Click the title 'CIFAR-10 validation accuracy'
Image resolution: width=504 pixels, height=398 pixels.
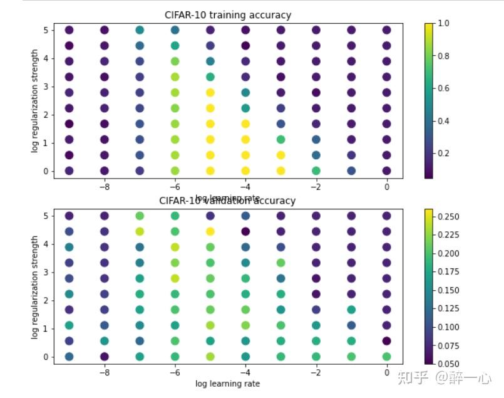228,201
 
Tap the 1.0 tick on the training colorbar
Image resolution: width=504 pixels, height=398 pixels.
444,23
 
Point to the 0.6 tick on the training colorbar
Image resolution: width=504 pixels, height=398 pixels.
444,88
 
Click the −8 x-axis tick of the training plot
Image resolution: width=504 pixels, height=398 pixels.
105,186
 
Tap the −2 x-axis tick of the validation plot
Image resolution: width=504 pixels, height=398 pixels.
316,372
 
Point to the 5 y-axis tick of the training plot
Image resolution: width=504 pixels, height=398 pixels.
46,30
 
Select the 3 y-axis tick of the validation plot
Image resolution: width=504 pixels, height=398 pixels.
46,263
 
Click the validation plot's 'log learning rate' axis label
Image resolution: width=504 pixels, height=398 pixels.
227,383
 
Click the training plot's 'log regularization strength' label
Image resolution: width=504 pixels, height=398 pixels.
35,100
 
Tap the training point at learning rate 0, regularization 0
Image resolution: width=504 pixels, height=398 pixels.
387,170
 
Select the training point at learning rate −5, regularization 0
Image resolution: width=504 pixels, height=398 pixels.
210,170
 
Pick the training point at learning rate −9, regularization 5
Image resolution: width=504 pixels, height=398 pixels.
69,30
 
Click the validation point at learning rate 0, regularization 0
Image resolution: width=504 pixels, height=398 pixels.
387,357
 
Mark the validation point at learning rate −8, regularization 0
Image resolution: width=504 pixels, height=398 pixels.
105,357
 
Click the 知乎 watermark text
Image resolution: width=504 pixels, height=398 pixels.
416,377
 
